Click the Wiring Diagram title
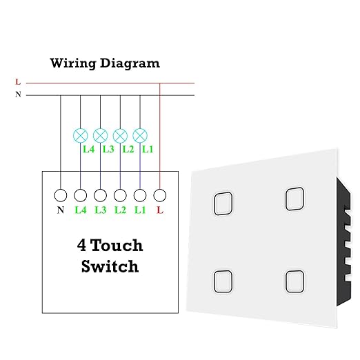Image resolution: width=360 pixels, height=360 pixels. [x=105, y=63]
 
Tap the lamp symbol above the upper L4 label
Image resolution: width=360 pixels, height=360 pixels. [x=81, y=136]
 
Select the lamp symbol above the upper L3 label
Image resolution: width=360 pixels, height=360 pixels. [x=100, y=136]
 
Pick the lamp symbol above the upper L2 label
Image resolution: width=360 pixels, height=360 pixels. [x=120, y=136]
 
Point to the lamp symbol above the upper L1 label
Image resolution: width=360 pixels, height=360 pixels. [x=140, y=136]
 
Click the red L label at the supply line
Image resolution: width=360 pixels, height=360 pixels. [x=18, y=81]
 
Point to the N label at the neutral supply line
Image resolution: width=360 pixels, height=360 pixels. [x=18, y=94]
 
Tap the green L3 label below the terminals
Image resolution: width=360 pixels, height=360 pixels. [x=101, y=210]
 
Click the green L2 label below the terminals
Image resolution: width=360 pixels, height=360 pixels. [x=120, y=210]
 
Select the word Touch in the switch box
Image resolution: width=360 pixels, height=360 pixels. [x=117, y=245]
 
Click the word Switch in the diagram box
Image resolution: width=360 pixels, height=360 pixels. [x=110, y=266]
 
